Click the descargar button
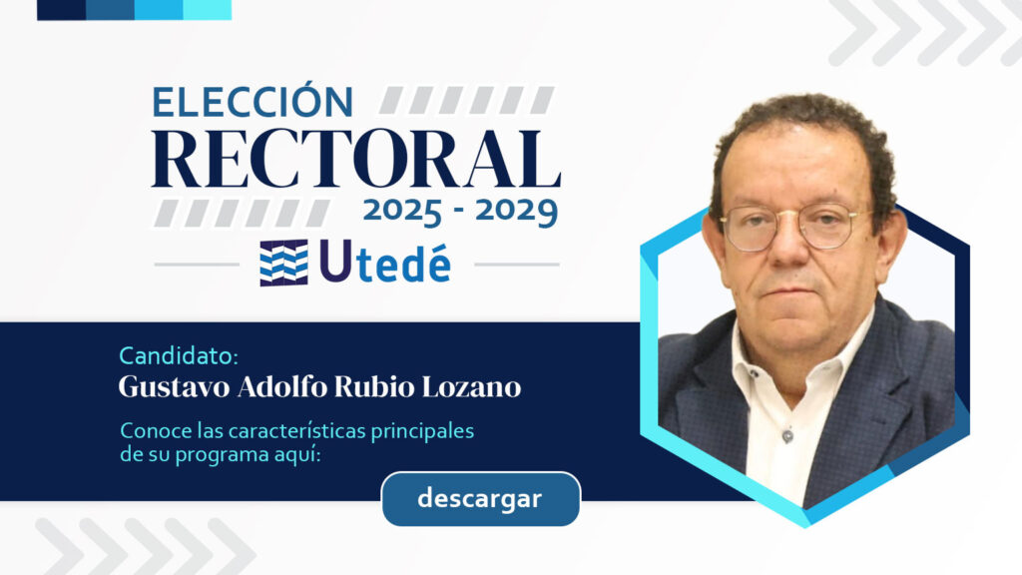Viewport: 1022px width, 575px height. [x=480, y=499]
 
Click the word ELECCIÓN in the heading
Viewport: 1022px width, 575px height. [x=253, y=102]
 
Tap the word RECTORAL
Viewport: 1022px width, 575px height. [x=356, y=160]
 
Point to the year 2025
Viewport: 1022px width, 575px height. [x=403, y=212]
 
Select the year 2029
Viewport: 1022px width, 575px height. [x=516, y=212]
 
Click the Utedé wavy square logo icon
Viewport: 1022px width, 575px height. [x=283, y=263]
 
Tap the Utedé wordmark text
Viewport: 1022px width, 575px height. [x=384, y=263]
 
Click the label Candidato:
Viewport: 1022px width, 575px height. [x=179, y=356]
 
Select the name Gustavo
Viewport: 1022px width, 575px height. [x=174, y=386]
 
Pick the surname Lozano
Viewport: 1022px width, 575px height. [x=471, y=386]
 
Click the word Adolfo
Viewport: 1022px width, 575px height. [x=281, y=386]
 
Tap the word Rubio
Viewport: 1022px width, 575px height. [x=374, y=386]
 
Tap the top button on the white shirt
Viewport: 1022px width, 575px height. [x=755, y=374]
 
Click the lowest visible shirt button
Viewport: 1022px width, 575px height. [x=787, y=435]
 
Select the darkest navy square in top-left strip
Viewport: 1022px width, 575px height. [x=61, y=10]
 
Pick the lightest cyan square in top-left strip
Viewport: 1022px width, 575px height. [x=208, y=10]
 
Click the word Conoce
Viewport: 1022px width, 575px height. [x=150, y=431]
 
